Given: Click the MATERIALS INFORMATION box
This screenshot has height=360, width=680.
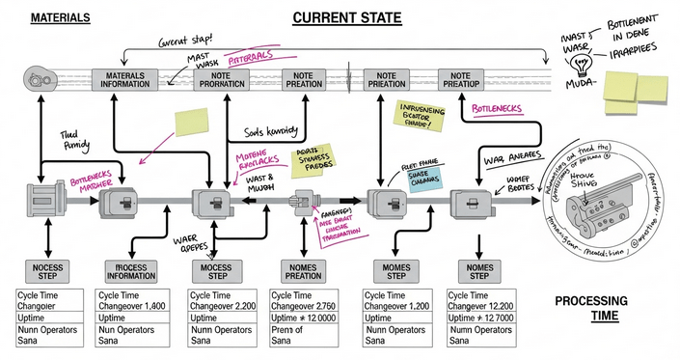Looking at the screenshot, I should (x=126, y=78).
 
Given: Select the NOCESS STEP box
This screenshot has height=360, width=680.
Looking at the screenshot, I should (x=45, y=270).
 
